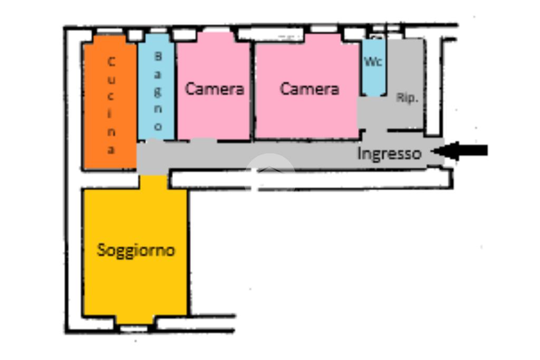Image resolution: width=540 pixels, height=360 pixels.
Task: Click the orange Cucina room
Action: click(x=98, y=105)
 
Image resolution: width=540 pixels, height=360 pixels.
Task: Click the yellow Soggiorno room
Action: click(x=136, y=279)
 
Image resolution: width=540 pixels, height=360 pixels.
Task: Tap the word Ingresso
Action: click(x=389, y=154)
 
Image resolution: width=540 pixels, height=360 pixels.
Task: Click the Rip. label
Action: click(x=407, y=98)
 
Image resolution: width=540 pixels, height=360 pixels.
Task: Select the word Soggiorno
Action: click(x=136, y=250)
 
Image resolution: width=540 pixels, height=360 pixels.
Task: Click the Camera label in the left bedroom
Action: click(x=214, y=89)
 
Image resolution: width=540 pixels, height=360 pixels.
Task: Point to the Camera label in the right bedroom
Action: click(x=309, y=89)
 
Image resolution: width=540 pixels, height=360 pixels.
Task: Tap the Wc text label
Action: click(x=374, y=61)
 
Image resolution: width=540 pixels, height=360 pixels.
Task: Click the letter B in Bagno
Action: click(x=157, y=55)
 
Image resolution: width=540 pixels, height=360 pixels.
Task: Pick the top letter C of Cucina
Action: click(x=111, y=62)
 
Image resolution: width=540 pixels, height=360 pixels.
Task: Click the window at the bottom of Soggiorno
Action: click(x=134, y=328)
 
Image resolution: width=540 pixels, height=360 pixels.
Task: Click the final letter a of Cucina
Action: click(x=111, y=150)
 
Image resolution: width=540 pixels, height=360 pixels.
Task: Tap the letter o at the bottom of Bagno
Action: click(x=157, y=127)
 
